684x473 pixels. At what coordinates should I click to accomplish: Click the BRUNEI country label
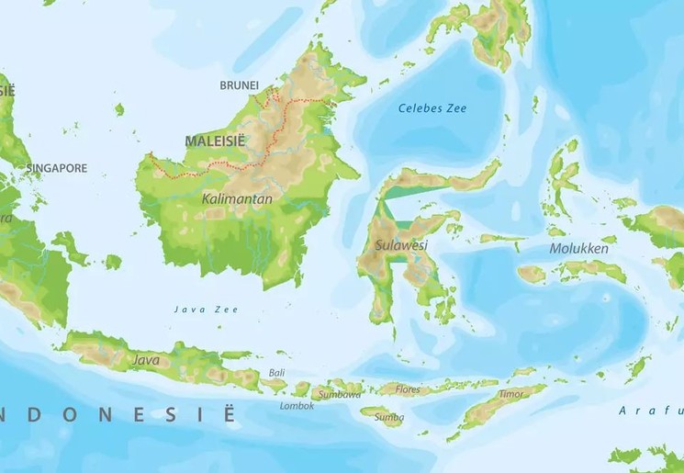coord(239,85)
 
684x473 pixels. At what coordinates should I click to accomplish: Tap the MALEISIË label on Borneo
coord(215,141)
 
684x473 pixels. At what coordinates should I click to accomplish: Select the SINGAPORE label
coord(57,168)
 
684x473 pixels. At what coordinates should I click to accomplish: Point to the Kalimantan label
coord(224,198)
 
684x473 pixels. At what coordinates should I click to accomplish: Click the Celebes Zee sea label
coord(432,108)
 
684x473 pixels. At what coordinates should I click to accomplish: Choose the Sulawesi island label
coord(401,245)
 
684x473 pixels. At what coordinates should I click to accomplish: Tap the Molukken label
coord(578,249)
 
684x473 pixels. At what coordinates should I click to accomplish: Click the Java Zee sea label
coord(207,310)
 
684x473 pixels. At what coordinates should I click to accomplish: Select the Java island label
coord(146,360)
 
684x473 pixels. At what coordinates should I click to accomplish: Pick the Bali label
coord(276,373)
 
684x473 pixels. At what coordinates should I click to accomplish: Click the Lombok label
coord(297,405)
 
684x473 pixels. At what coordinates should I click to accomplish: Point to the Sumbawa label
coord(340,394)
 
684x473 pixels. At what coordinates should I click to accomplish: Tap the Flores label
coord(408,389)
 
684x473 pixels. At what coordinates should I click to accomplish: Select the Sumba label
coord(389,418)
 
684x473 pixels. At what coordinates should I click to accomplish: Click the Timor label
coord(510,394)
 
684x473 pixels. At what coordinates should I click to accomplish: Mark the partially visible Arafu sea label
coord(650,410)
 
